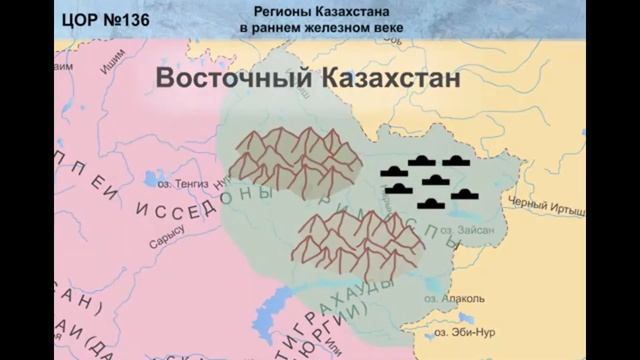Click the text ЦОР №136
coord(96,18)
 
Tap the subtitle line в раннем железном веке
coord(320,28)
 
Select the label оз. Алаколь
coord(461,299)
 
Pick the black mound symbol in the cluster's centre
coord(436,180)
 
